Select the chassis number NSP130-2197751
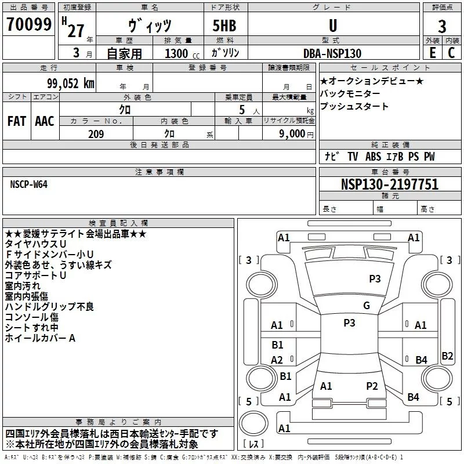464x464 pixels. [389, 185]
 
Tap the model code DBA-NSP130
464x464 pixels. [332, 53]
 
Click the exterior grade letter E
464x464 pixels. [433, 53]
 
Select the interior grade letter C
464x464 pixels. [451, 53]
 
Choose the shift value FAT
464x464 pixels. [17, 121]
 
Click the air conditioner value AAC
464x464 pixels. [45, 121]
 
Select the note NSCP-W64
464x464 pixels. [29, 184]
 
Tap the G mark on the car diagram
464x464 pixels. [366, 306]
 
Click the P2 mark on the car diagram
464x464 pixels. [372, 386]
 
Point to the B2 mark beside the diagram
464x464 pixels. [447, 356]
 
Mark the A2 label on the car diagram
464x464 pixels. [277, 360]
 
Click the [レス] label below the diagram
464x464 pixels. [254, 444]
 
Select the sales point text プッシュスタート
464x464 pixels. [354, 107]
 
